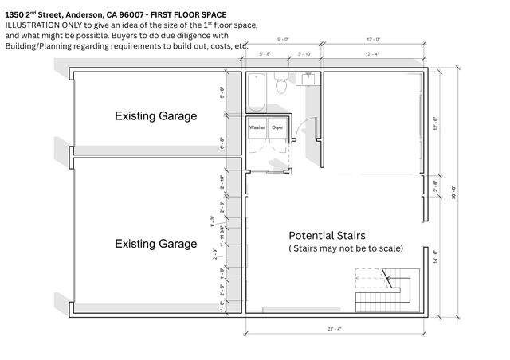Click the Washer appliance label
[257, 127]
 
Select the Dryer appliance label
[277, 127]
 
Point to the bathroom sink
[307, 79]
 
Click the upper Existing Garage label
[155, 116]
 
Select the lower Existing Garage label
[155, 243]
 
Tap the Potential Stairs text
[327, 236]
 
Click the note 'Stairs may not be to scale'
[346, 248]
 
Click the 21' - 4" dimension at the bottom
[335, 328]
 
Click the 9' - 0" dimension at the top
[282, 40]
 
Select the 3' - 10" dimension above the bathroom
[304, 54]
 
